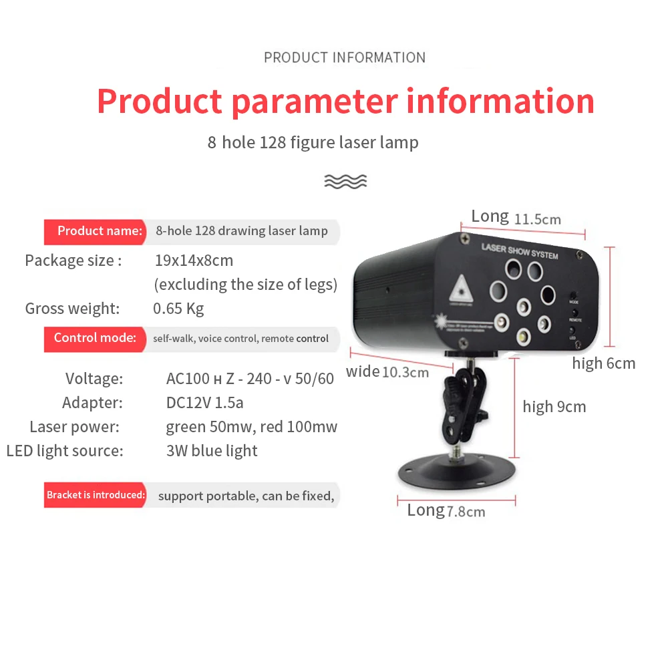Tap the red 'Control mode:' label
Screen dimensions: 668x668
point(95,338)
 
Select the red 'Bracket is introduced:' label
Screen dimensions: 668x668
point(95,495)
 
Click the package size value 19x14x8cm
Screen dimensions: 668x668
point(194,261)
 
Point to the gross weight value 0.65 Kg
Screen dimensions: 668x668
point(178,309)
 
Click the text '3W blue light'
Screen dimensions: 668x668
point(212,451)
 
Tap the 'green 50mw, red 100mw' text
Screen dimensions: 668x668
point(251,427)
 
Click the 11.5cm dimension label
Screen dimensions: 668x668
point(538,218)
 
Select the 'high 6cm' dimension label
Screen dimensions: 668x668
point(603,363)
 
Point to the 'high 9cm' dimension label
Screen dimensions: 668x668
point(554,407)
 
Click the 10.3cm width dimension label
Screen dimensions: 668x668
point(405,372)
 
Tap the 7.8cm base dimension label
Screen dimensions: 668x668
point(466,512)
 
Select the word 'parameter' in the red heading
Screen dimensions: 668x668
point(314,102)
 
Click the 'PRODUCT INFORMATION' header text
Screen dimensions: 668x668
point(345,57)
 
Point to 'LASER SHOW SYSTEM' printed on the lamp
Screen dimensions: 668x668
point(519,251)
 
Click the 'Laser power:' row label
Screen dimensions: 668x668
point(74,427)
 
